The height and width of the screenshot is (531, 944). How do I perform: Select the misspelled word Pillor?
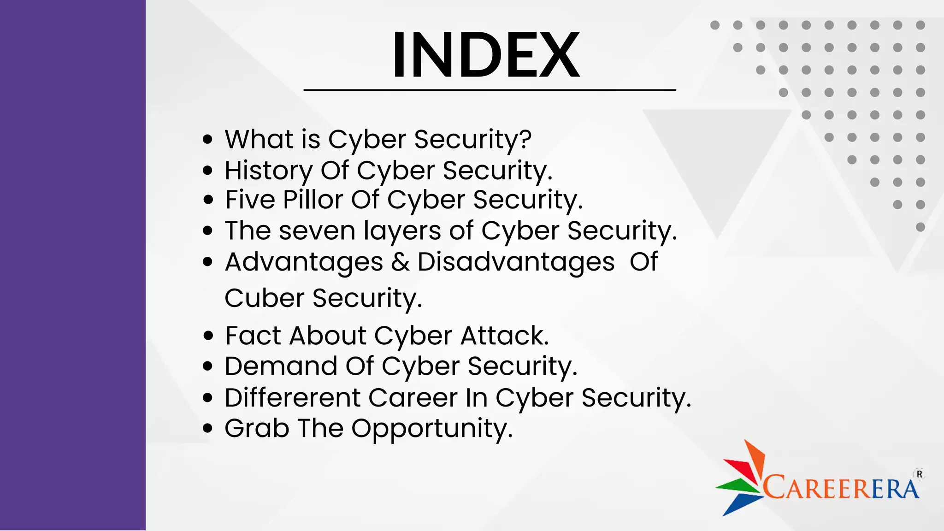click(x=313, y=200)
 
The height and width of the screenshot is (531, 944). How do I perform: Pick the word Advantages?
click(x=304, y=262)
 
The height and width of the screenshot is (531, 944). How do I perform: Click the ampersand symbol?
click(x=400, y=262)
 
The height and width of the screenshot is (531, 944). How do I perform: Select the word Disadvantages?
click(x=516, y=262)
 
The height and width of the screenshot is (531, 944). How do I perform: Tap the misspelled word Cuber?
click(x=264, y=298)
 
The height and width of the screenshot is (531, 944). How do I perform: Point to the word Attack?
click(x=504, y=336)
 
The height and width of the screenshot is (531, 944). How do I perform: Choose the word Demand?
click(x=281, y=366)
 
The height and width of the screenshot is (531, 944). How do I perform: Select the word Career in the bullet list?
click(x=413, y=398)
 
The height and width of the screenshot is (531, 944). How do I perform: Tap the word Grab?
click(x=257, y=428)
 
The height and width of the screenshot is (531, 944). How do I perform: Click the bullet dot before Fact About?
click(x=208, y=336)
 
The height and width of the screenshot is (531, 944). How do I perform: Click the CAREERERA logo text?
click(x=841, y=488)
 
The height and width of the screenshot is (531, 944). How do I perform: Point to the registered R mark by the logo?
click(x=920, y=474)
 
